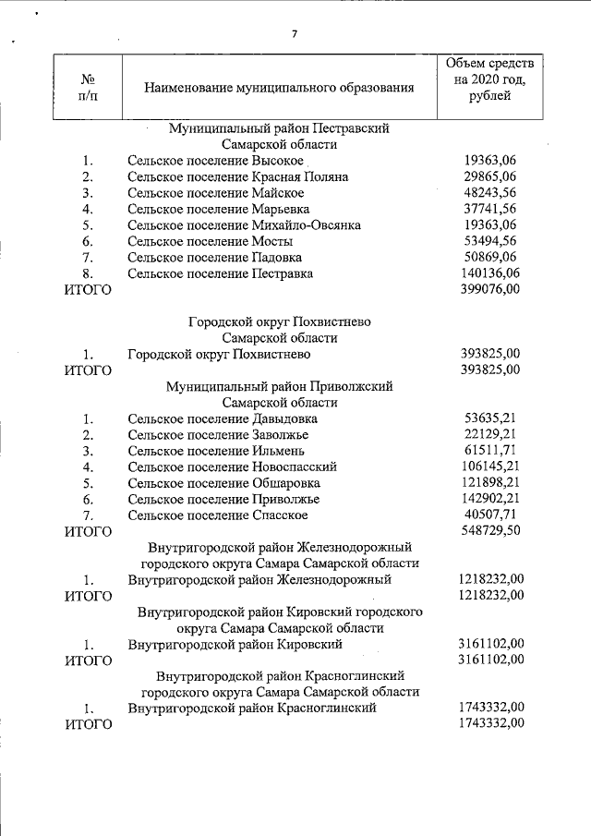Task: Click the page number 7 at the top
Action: click(295, 34)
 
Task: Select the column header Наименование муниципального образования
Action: click(279, 88)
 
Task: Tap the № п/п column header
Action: click(88, 88)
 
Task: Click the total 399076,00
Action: click(489, 290)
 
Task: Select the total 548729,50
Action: click(489, 531)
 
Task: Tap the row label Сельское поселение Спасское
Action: click(218, 515)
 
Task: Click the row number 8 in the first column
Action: click(88, 273)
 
